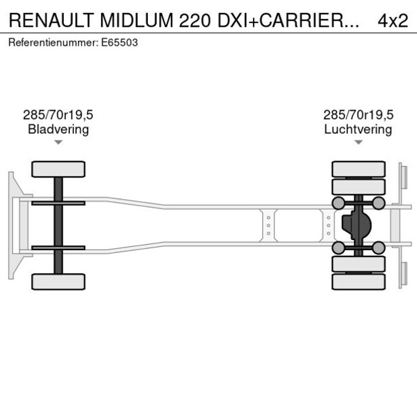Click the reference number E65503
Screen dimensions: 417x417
[121, 42]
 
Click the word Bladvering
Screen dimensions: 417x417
[58, 129]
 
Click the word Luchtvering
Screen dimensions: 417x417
[358, 129]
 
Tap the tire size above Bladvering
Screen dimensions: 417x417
[58, 115]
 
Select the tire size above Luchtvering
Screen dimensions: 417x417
[358, 115]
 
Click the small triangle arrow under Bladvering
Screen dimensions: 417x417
[59, 142]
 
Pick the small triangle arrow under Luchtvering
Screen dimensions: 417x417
[358, 142]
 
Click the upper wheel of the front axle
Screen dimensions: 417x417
[59, 169]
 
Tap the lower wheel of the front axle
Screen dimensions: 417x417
[59, 281]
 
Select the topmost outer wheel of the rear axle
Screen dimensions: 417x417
[358, 168]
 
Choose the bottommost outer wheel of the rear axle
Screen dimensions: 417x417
[358, 282]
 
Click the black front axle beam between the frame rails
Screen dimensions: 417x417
[59, 225]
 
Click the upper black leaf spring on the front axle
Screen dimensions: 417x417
[59, 202]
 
